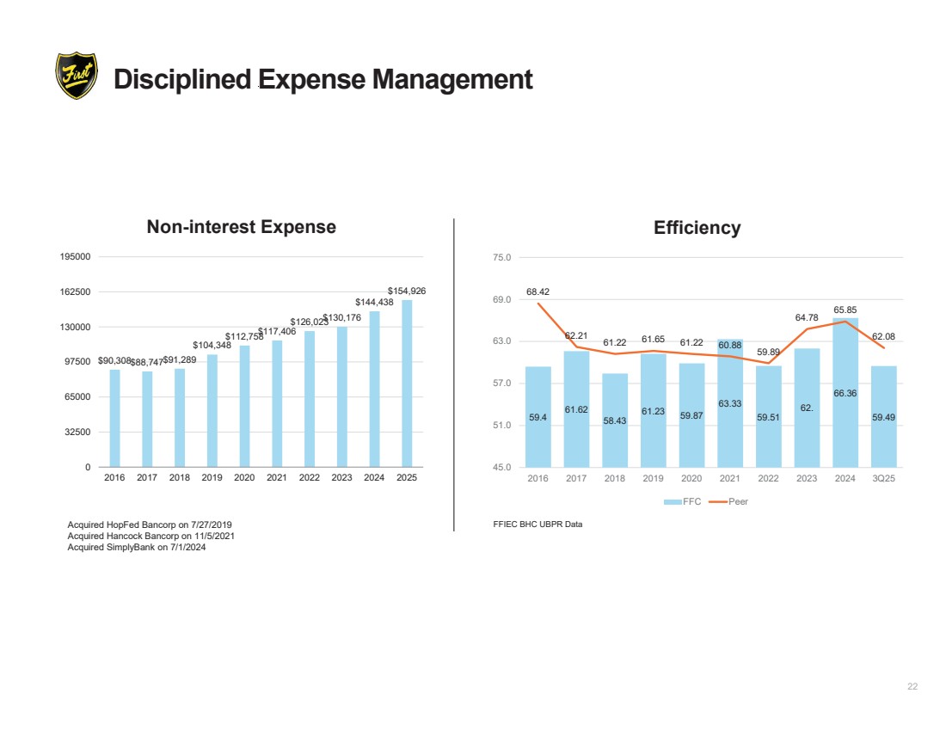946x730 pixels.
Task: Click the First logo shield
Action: (76, 76)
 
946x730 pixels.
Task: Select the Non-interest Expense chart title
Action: (241, 227)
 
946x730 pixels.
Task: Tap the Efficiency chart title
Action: (697, 228)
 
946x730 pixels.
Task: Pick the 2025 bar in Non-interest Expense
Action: (407, 383)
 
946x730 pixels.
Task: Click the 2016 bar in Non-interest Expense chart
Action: (114, 418)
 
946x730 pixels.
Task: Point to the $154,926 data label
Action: (407, 291)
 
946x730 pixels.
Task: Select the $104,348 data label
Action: (212, 345)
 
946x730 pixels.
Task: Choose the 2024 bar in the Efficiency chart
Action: (845, 392)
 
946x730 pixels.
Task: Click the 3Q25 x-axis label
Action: (883, 479)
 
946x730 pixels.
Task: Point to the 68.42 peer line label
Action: (538, 291)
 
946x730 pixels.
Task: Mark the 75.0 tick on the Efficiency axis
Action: (503, 257)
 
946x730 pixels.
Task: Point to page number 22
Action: (912, 686)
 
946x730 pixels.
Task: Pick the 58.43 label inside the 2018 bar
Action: (615, 420)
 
